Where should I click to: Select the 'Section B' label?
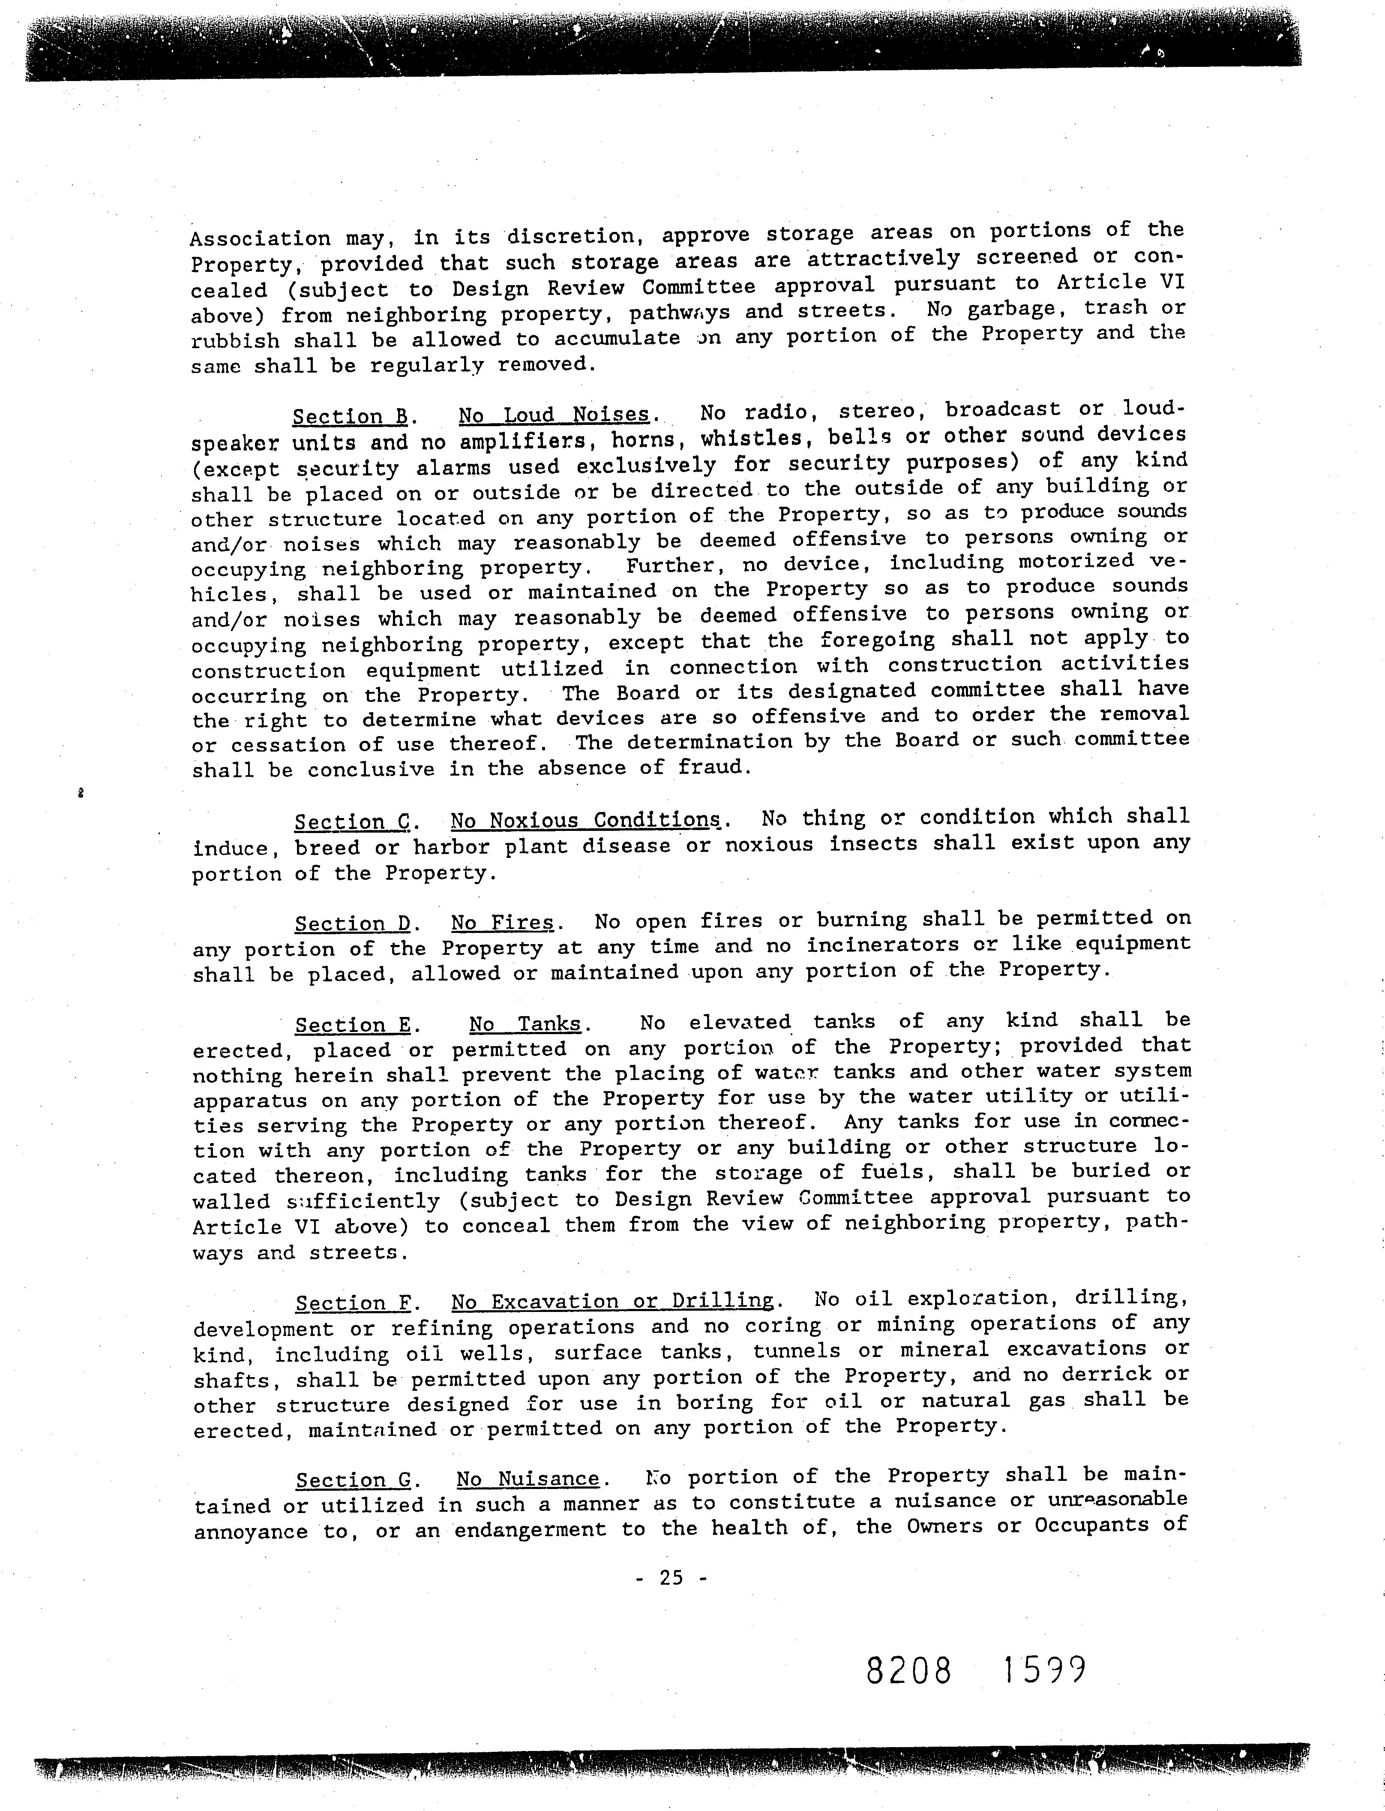pos(345,416)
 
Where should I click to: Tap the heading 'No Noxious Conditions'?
pos(585,821)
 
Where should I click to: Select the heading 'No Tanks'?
pos(525,1024)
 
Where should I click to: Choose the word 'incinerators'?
pos(882,945)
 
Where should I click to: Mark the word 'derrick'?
pos(1097,1374)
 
